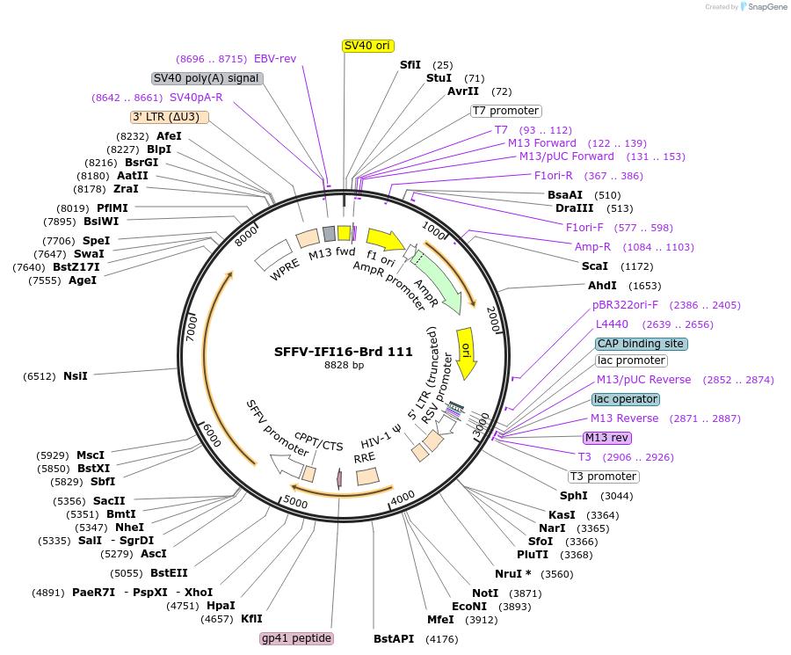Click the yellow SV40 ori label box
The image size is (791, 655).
367,46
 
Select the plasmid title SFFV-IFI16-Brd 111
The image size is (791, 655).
344,352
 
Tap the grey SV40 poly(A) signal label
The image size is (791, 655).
207,78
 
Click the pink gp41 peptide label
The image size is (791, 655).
297,638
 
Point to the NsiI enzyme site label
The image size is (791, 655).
76,376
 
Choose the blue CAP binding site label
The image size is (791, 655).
641,344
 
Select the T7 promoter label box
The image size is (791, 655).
506,111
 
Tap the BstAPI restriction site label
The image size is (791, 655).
394,638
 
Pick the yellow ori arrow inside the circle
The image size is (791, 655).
467,352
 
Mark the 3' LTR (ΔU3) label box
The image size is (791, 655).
170,117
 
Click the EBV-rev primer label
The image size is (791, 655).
275,59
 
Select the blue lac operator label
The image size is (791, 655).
625,399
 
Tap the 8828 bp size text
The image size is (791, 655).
344,365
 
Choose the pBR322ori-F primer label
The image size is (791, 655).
625,305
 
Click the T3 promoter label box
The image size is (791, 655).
603,477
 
